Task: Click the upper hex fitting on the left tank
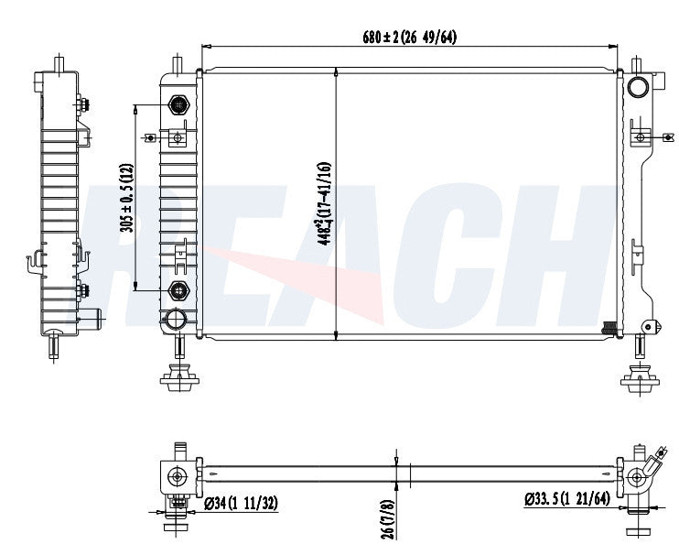click(178, 105)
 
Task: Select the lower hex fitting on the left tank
click(178, 291)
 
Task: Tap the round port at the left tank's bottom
click(174, 320)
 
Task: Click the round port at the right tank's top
click(639, 88)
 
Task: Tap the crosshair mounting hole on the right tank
click(641, 138)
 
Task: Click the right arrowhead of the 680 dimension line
click(618, 46)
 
